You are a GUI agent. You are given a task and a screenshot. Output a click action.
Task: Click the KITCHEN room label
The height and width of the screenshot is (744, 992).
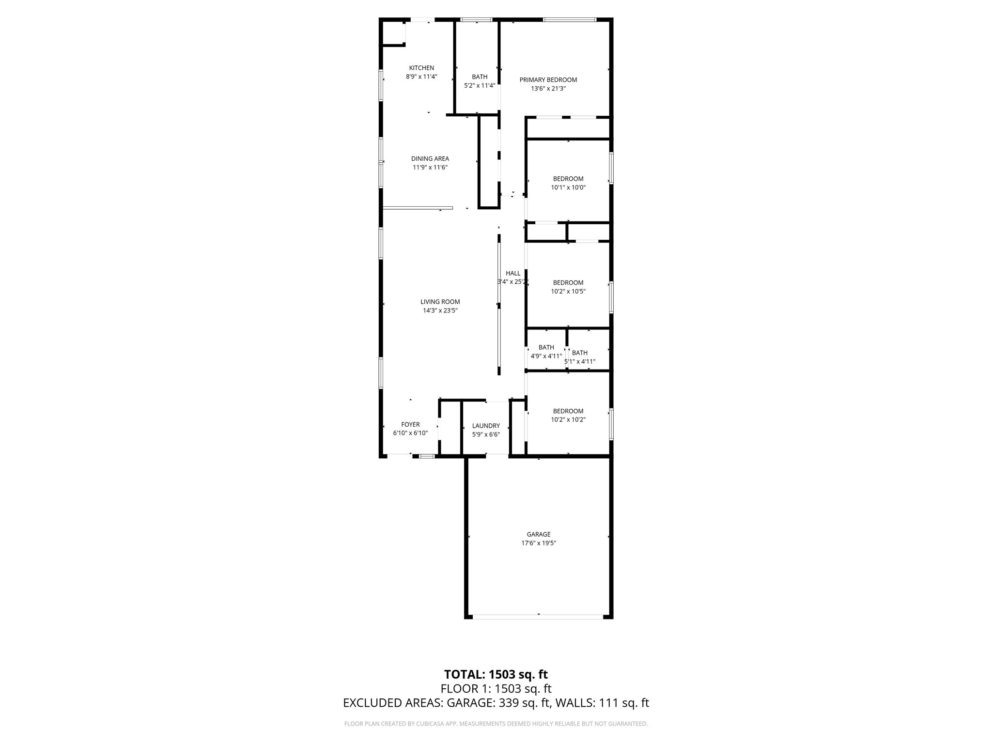(421, 68)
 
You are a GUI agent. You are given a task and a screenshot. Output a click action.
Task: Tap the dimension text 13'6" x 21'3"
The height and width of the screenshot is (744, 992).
(548, 89)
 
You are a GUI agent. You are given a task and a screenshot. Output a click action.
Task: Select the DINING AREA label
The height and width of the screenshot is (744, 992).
(430, 158)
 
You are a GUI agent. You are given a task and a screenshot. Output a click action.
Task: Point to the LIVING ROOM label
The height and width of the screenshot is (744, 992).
(440, 302)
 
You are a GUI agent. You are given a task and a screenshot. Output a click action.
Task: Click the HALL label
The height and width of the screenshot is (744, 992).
(513, 273)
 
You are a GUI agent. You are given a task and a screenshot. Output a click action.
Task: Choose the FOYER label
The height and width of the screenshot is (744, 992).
(410, 425)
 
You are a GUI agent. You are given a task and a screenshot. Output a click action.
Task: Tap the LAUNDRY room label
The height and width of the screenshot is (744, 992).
(486, 426)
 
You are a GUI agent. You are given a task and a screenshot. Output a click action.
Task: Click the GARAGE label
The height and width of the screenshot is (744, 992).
(539, 534)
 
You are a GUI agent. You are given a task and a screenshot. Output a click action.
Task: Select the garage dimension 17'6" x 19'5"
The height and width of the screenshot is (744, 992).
(539, 543)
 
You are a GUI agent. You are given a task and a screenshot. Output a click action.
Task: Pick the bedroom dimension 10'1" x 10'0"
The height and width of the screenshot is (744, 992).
(568, 187)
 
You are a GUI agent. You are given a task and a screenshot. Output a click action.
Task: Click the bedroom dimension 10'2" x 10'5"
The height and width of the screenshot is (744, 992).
(568, 292)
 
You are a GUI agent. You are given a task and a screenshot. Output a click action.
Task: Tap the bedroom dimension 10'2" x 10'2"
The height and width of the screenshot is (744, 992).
(568, 420)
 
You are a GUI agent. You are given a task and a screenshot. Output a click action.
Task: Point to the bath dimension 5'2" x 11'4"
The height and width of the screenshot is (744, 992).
(480, 86)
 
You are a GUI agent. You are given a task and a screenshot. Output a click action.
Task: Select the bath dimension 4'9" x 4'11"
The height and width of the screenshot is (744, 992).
(546, 356)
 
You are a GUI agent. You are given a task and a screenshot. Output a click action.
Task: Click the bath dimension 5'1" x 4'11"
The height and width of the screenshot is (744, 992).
(580, 361)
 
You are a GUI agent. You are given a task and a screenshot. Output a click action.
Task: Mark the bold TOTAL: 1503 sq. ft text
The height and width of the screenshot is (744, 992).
(496, 674)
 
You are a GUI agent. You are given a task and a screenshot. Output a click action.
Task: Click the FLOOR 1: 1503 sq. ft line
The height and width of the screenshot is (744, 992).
(496, 689)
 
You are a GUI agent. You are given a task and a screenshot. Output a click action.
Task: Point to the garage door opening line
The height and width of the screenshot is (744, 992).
(538, 617)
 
